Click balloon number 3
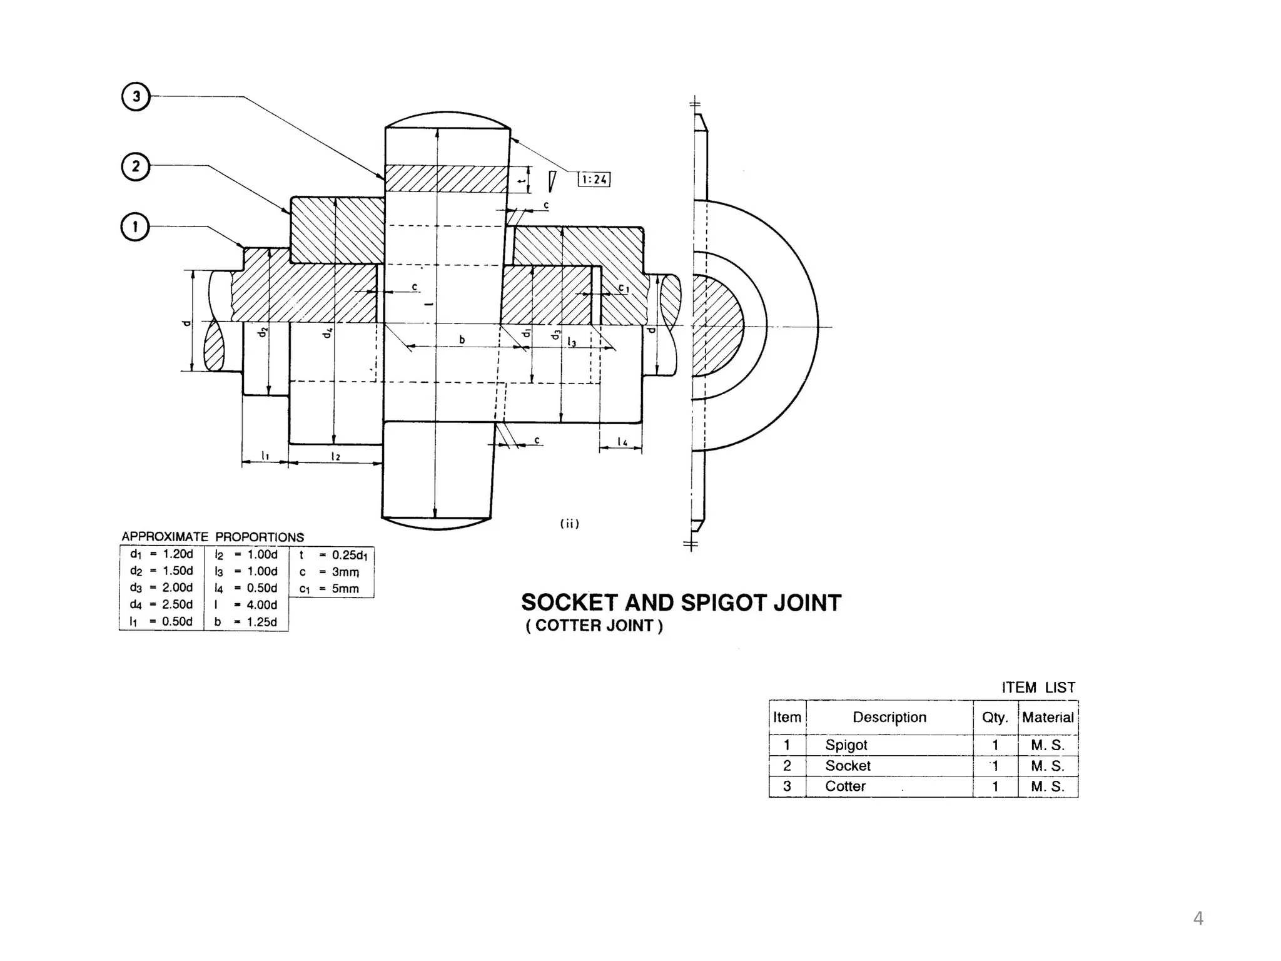(x=136, y=97)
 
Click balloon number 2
(x=136, y=167)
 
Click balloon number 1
(x=135, y=226)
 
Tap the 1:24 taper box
(x=594, y=180)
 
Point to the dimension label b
(x=462, y=340)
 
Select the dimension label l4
(x=622, y=442)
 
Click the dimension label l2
(x=336, y=456)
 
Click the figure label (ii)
(x=569, y=524)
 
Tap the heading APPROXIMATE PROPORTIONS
(x=213, y=537)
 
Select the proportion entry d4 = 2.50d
(x=161, y=604)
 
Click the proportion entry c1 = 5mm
(x=330, y=589)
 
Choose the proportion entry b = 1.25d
(x=246, y=622)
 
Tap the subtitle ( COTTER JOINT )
(x=594, y=626)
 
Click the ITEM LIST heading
(x=1038, y=688)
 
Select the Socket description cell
(x=848, y=766)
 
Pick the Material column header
(x=1048, y=717)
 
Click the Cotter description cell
(x=845, y=786)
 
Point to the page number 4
(x=1198, y=918)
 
